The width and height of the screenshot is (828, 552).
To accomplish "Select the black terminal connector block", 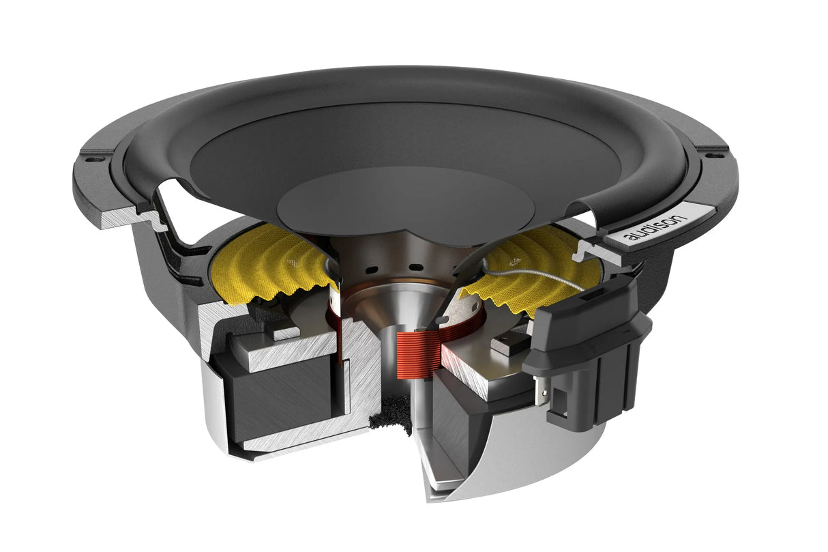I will pyautogui.click(x=587, y=341).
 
